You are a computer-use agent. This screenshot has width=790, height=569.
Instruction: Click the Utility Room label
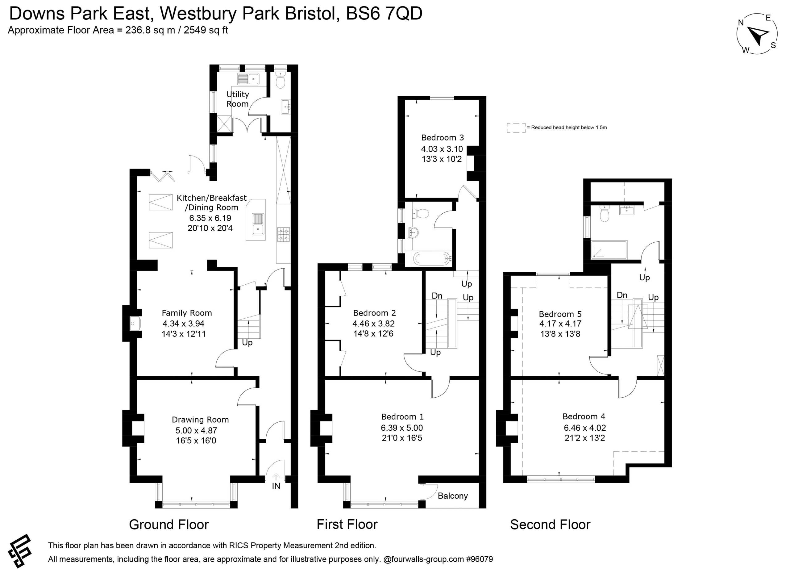click(x=238, y=99)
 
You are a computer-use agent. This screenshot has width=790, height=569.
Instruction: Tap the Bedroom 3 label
click(x=443, y=138)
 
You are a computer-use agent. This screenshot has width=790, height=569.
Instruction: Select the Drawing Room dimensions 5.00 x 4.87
click(x=196, y=430)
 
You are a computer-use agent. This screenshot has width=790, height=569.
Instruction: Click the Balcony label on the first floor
click(x=452, y=496)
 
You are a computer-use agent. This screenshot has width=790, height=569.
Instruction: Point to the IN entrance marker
click(x=276, y=486)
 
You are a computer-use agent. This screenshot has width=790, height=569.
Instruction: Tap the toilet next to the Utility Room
click(x=281, y=80)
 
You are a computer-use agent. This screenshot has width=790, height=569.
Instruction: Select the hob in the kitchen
click(x=283, y=235)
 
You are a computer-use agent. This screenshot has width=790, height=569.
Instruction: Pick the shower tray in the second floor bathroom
click(x=609, y=250)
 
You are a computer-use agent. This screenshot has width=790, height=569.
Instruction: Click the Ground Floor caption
click(x=168, y=525)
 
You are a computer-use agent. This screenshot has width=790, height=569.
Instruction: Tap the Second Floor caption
click(x=550, y=525)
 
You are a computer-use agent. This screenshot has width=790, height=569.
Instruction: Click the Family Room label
click(x=187, y=313)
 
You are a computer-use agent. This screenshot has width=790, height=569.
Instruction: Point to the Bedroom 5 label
click(x=560, y=314)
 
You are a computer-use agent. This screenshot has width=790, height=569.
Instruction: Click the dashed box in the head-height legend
click(x=516, y=128)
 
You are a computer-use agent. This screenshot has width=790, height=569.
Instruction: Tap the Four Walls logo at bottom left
click(x=20, y=551)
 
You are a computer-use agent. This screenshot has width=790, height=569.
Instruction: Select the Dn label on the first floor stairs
click(x=437, y=296)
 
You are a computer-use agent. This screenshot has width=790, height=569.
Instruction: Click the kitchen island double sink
click(x=258, y=224)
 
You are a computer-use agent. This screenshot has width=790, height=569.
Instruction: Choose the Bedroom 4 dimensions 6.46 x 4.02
click(x=585, y=428)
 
